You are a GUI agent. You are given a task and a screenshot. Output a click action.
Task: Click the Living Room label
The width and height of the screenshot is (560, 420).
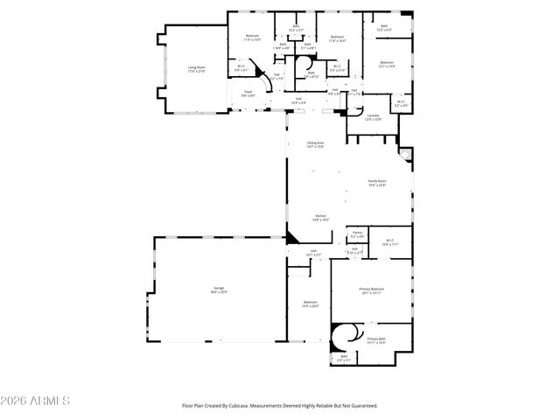[x=196, y=66]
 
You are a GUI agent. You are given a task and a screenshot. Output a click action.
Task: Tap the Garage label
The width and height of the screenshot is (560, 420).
[x=218, y=286]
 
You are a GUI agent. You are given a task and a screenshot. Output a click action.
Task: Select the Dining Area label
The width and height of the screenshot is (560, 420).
[x=315, y=143]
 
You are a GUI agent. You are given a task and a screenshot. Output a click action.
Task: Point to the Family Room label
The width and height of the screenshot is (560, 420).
[x=376, y=180]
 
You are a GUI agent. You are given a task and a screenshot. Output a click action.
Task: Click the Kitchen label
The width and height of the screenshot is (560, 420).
[x=321, y=215]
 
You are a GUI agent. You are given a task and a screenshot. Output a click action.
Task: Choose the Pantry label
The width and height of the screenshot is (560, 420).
[x=357, y=232]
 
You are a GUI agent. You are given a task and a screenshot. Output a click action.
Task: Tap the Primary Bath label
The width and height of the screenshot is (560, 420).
[x=376, y=338]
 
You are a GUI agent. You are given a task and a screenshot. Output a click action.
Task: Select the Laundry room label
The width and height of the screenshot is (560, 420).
[x=373, y=115]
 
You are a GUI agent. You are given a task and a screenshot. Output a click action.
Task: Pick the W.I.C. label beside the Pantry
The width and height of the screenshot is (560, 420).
[x=388, y=240]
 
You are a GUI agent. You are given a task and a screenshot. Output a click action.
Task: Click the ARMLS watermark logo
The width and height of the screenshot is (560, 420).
[x=35, y=400]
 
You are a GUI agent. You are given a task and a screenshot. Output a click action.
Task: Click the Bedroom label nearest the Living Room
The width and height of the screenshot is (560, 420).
[x=251, y=36]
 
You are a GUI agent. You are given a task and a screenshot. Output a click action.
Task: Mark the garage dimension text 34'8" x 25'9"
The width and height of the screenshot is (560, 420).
[x=218, y=291]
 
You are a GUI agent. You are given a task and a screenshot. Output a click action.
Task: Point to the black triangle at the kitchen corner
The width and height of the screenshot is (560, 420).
[x=291, y=235]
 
